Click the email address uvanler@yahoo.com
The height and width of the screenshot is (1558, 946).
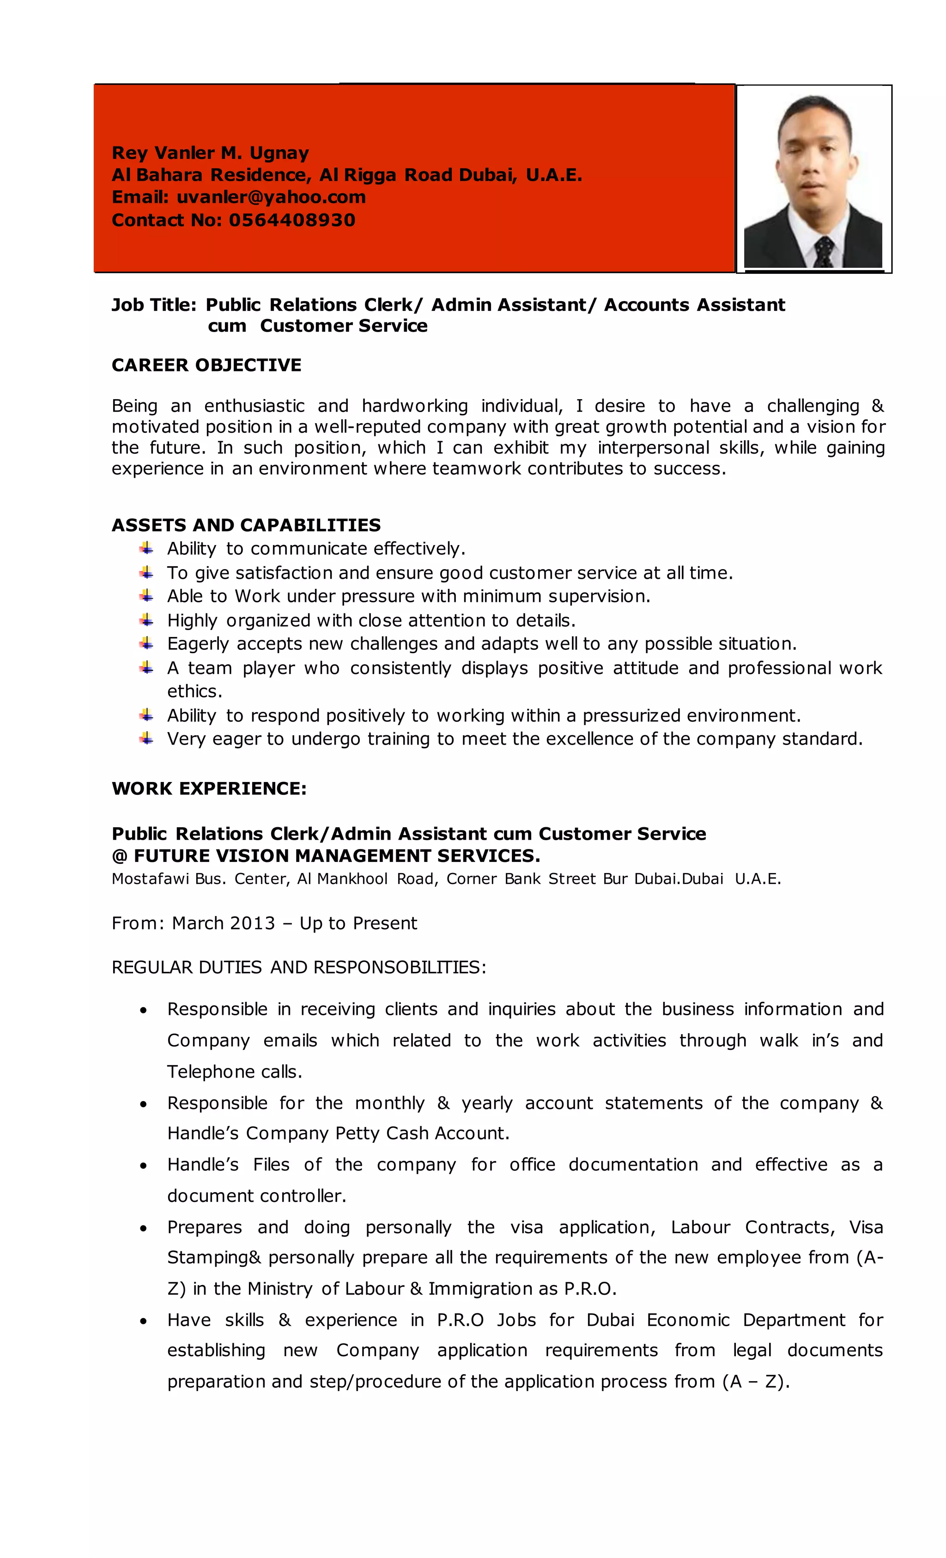click(271, 197)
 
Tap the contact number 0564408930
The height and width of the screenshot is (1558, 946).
click(291, 219)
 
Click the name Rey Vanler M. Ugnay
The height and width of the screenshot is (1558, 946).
click(210, 152)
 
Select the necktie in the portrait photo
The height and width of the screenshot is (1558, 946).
click(823, 250)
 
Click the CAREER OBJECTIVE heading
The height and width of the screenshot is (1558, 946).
click(206, 365)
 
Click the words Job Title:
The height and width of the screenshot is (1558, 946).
click(154, 305)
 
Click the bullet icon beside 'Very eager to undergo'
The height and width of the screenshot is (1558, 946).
click(146, 738)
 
